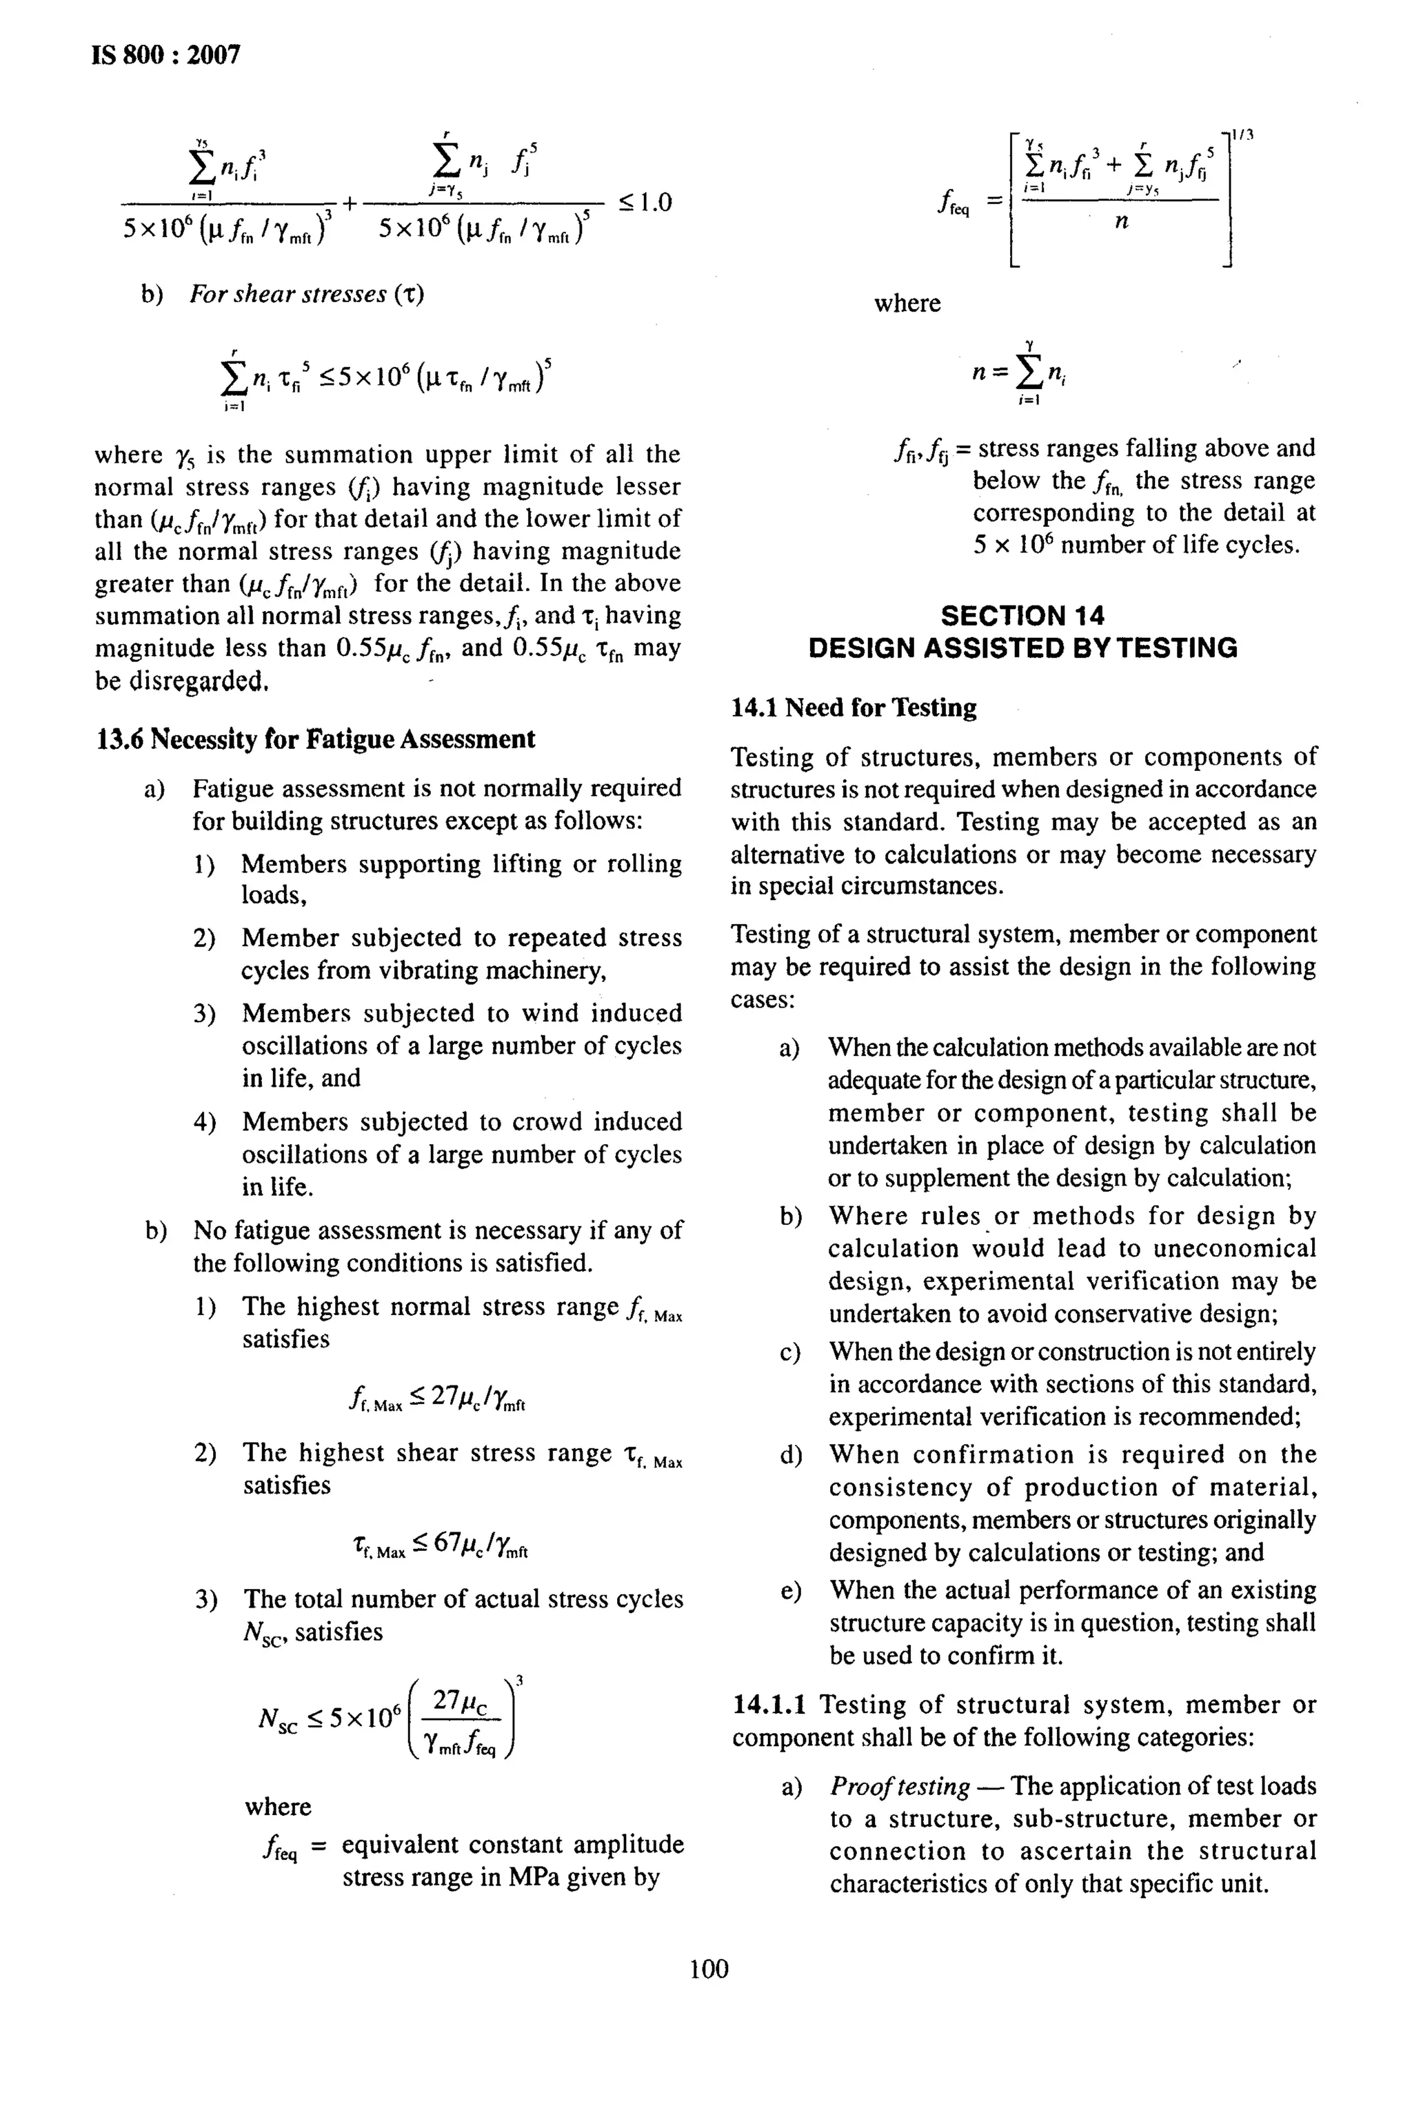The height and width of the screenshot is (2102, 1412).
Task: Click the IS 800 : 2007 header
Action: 167,55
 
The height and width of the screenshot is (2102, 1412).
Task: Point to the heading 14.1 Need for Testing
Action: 853,708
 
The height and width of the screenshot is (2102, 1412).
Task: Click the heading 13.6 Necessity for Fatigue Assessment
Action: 315,739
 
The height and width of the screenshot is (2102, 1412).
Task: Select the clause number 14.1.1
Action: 768,1705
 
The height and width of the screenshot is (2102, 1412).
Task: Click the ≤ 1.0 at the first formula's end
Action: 645,202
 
